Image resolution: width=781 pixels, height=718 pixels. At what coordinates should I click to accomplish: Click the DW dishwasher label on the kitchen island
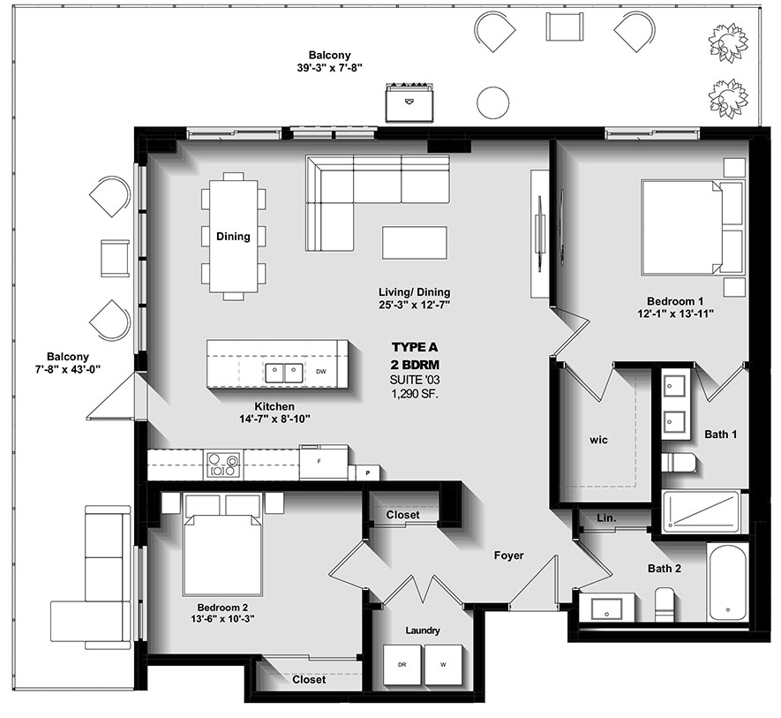pyautogui.click(x=320, y=372)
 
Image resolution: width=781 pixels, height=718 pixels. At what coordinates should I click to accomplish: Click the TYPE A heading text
pyautogui.click(x=415, y=347)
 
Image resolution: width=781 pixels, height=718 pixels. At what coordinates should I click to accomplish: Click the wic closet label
pyautogui.click(x=599, y=439)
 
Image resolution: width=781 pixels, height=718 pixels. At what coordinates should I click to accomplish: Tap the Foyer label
pyautogui.click(x=508, y=556)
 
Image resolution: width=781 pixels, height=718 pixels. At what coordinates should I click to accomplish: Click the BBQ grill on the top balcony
pyautogui.click(x=409, y=102)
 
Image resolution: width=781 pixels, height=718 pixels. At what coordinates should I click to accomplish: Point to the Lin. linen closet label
pyautogui.click(x=605, y=518)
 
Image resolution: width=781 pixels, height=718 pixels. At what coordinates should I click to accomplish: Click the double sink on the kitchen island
pyautogui.click(x=284, y=372)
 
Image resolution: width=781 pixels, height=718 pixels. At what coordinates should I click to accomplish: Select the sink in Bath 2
pyautogui.click(x=606, y=608)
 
